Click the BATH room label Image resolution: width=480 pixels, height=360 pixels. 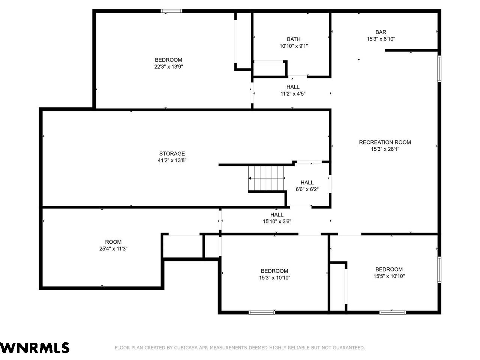(294, 39)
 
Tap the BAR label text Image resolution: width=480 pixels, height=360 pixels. (381, 32)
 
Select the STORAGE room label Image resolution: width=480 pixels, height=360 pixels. (172, 153)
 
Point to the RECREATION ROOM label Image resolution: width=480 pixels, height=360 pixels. (385, 142)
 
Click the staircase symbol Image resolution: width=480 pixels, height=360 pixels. (266, 178)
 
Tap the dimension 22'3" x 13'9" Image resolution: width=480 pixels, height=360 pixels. (168, 67)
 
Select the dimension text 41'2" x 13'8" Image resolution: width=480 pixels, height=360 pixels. (172, 160)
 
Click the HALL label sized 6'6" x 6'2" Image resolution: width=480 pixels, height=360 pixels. (307, 182)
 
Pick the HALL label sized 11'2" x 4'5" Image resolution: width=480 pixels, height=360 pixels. (293, 87)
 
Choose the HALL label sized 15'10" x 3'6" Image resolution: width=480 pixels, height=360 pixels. (277, 214)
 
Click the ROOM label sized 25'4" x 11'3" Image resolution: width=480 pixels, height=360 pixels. (113, 242)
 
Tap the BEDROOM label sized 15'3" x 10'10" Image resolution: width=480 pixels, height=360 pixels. (274, 271)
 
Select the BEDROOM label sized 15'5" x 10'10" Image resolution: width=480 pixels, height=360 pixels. (389, 269)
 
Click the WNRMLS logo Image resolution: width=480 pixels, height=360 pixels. (34, 348)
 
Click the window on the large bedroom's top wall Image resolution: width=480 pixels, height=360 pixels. (171, 11)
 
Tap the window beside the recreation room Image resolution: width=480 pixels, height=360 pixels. (439, 69)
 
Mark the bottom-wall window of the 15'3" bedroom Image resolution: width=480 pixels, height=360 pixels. (262, 312)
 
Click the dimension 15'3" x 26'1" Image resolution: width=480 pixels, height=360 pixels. (385, 149)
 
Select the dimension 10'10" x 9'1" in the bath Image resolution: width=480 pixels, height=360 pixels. (294, 46)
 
